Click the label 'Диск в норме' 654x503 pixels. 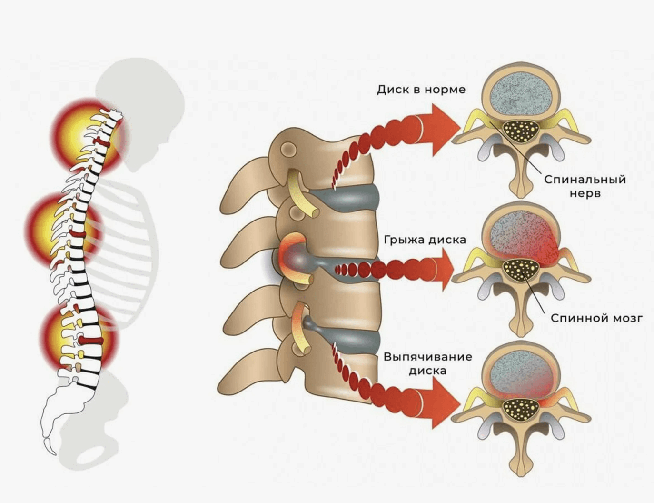coord(421,90)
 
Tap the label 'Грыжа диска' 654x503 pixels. coord(425,240)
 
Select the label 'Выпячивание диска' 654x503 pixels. coord(427,363)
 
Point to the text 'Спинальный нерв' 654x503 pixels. coord(585,186)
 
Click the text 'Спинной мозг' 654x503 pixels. coord(596,318)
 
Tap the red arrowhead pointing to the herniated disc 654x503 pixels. coord(445,270)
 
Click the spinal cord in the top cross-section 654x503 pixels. coord(522,130)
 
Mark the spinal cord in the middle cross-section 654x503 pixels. coord(522,270)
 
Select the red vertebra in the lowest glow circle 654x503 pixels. coord(90,340)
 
